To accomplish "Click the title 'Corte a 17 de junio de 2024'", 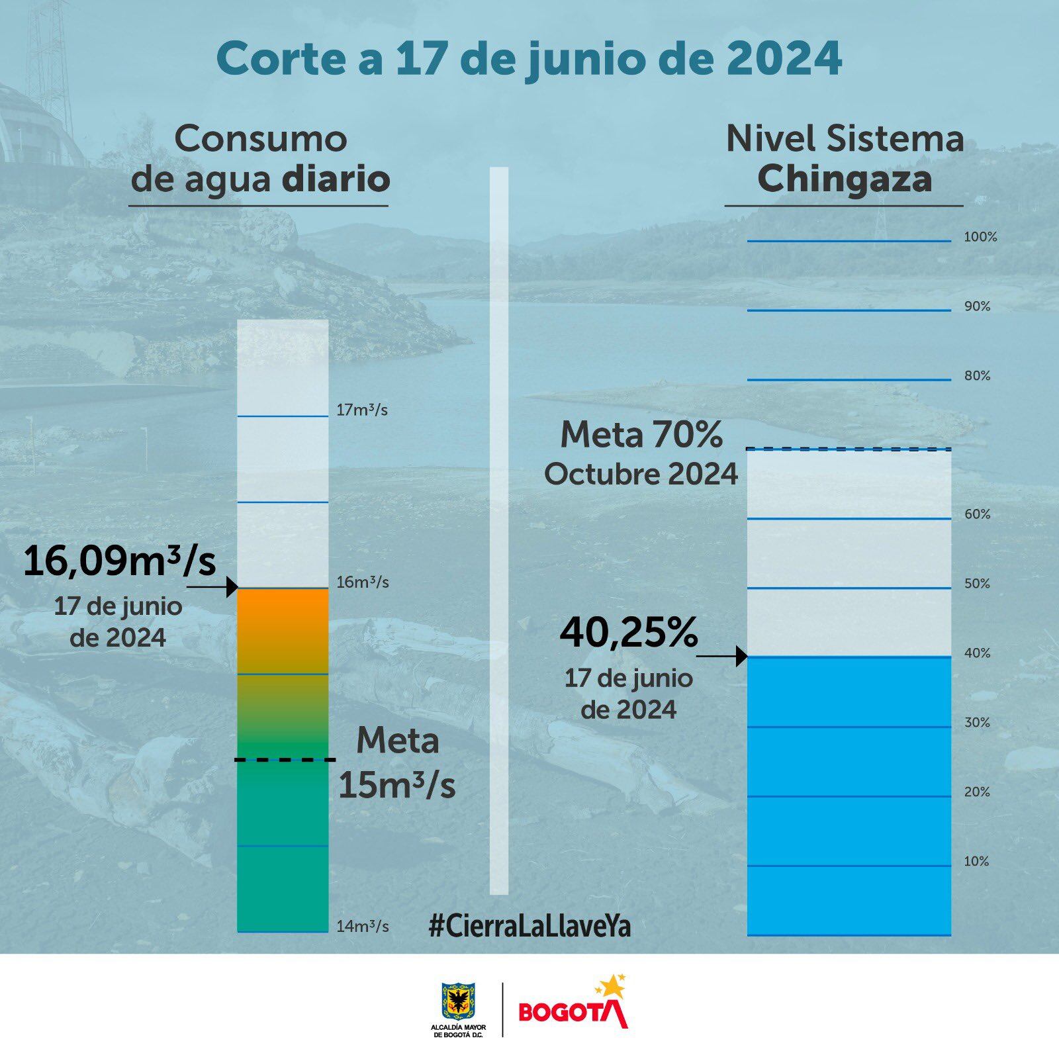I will tap(529, 60).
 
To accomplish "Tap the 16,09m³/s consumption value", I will tap(120, 561).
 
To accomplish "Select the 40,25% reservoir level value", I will tap(628, 633).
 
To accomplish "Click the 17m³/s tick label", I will tap(361, 410).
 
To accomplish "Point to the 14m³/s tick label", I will tap(362, 926).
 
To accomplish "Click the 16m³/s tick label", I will tap(362, 582).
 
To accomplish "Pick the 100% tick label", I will tap(980, 237).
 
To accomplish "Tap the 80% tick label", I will tap(977, 376).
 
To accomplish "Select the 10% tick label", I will tap(976, 861).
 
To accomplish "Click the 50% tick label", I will tap(977, 584).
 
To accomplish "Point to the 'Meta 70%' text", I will tap(641, 436).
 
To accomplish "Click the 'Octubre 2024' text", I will tap(641, 474).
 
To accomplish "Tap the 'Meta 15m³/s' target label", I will tap(397, 763).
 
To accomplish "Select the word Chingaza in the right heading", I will tap(845, 179).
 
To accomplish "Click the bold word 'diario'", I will tap(336, 179).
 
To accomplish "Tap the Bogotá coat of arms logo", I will tap(458, 1001).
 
